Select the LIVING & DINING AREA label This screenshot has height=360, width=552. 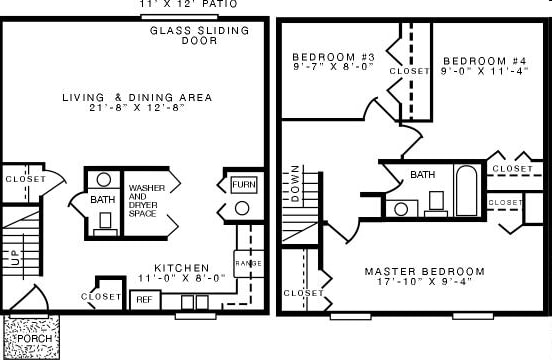click(137, 97)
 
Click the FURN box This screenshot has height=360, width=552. click(243, 185)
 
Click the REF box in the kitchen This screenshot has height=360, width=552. click(144, 299)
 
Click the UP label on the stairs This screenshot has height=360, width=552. click(14, 256)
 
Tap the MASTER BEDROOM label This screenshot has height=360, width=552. click(424, 271)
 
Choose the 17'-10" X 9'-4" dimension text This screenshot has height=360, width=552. click(424, 283)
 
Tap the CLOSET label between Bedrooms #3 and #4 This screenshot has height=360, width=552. click(409, 71)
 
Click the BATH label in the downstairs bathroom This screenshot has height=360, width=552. click(103, 200)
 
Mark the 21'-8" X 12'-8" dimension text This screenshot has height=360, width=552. click(137, 108)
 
